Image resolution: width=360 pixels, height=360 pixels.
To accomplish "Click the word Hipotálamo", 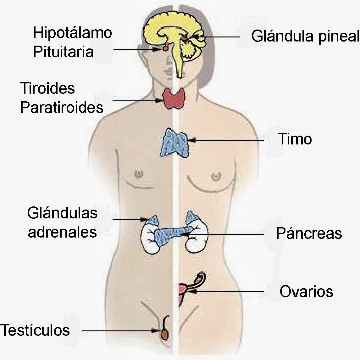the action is [x=72, y=33].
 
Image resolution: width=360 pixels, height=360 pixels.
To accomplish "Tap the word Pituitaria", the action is [x=63, y=52].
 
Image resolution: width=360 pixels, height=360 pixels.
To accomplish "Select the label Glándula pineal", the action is [x=305, y=37].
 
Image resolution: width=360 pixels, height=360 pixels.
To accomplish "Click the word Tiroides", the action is [x=47, y=88].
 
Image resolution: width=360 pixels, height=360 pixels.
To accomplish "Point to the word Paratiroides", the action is [x=62, y=107].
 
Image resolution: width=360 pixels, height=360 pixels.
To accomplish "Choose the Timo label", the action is [x=295, y=139].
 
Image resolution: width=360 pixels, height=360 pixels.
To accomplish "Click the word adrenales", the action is [x=62, y=232].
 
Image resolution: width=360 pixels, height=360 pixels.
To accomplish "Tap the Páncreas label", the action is [x=309, y=233].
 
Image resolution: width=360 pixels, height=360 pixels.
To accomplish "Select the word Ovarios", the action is [x=306, y=292].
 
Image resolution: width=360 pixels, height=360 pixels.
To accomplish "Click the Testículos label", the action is [x=35, y=330].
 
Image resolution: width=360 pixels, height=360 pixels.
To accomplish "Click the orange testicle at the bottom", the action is [x=164, y=334].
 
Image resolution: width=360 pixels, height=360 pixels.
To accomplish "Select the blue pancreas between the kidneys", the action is [x=170, y=234].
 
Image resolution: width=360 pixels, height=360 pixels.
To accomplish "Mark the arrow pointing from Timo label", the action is [x=226, y=140].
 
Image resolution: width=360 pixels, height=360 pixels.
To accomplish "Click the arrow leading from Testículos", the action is [x=121, y=331].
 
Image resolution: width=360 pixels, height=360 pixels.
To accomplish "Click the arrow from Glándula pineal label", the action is [x=217, y=37].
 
